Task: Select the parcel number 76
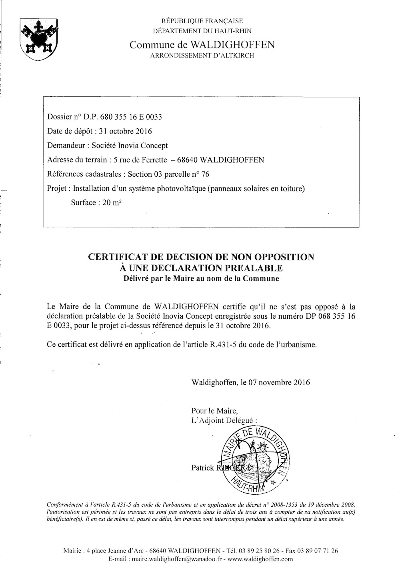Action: pyautogui.click(x=205, y=174)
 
